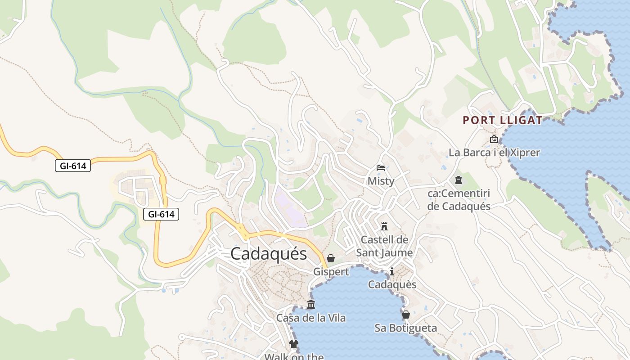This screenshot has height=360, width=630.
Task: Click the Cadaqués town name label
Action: [269, 254]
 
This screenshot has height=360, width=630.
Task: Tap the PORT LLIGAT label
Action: [503, 120]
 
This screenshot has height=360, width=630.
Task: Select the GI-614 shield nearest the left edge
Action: [73, 166]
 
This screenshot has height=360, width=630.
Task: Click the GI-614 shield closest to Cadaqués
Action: [161, 214]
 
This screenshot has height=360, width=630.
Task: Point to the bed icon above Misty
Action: [381, 168]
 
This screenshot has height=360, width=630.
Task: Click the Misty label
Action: [381, 181]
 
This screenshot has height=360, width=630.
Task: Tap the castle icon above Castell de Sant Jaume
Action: [384, 226]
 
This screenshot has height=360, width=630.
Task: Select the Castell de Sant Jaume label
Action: [384, 246]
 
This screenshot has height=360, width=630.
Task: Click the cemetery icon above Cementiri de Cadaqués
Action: [459, 180]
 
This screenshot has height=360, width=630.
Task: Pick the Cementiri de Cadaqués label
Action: [459, 200]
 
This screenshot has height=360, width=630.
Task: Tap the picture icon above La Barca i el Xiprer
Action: [494, 139]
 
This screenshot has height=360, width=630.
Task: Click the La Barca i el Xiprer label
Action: [494, 153]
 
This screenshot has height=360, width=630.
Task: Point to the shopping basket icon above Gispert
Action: [331, 258]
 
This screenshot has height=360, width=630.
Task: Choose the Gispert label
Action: [331, 272]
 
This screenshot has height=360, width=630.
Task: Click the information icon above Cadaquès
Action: [392, 271]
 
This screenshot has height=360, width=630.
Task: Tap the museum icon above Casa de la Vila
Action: [310, 305]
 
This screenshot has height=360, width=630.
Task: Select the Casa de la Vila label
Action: [310, 318]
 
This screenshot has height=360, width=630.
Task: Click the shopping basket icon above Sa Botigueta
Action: [405, 315]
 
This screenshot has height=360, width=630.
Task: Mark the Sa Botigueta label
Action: [405, 328]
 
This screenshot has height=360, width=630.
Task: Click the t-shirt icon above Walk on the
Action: [294, 345]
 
